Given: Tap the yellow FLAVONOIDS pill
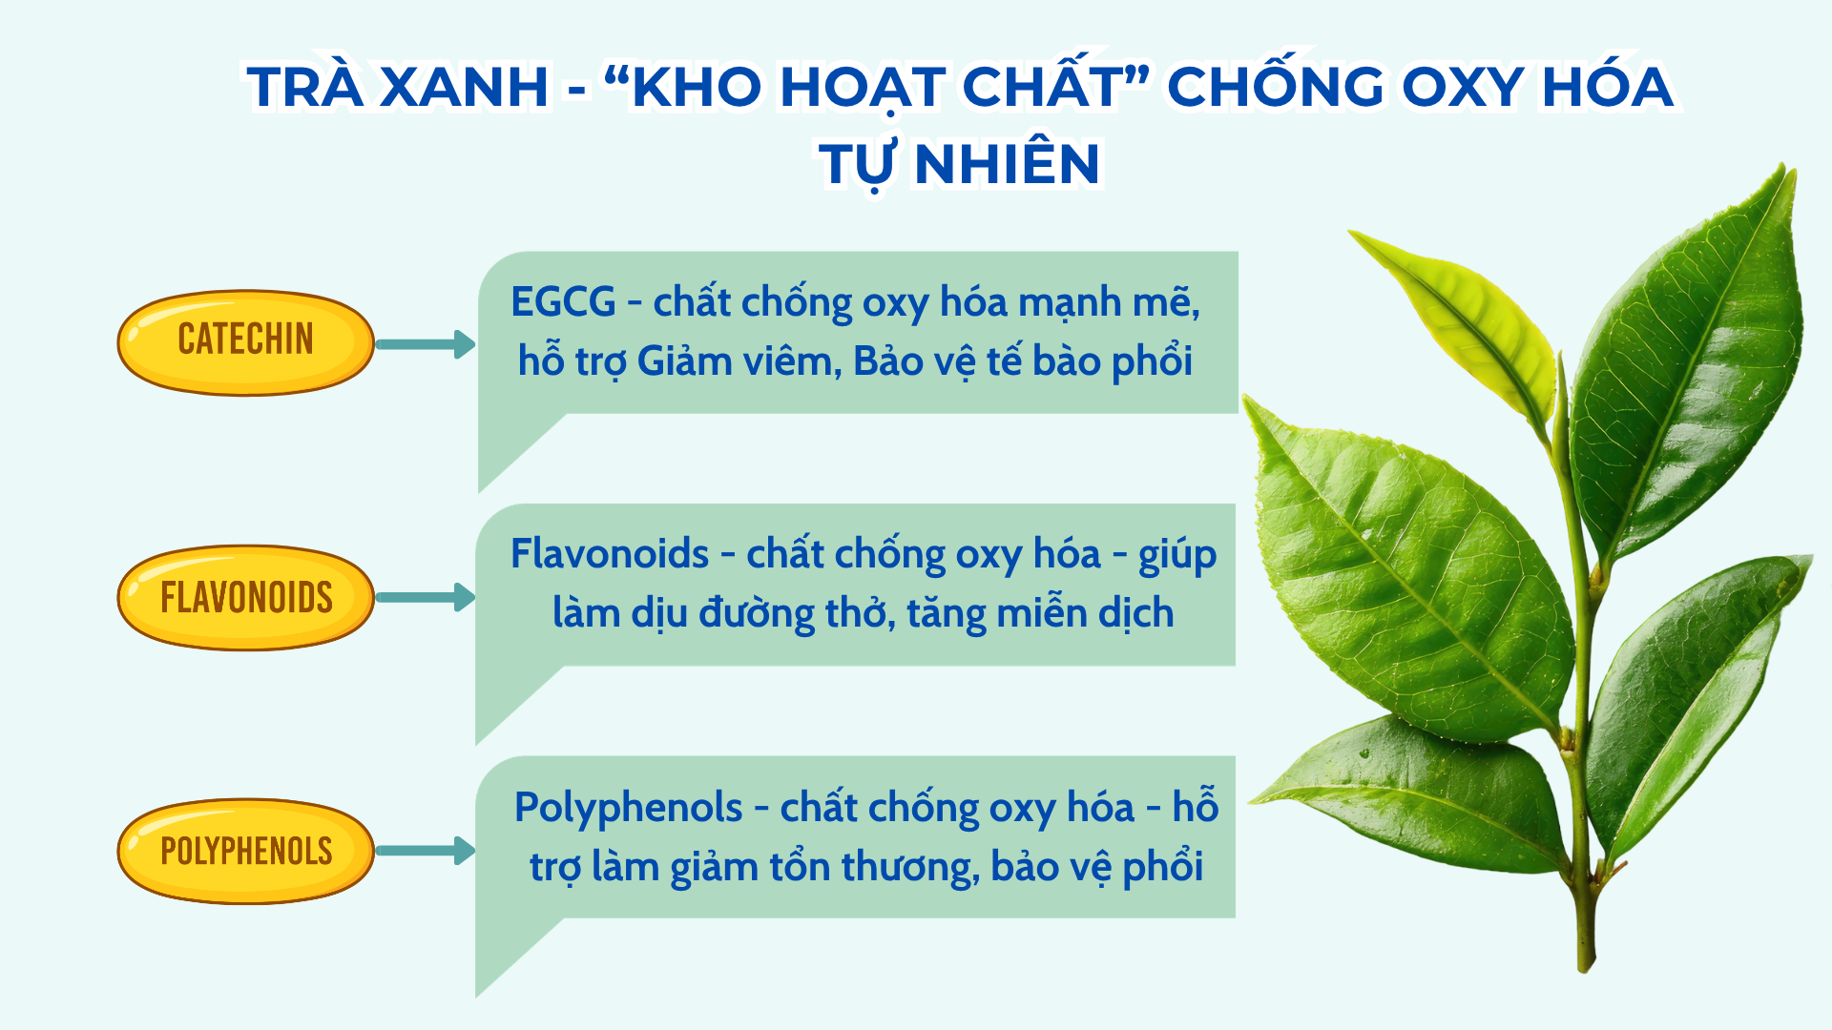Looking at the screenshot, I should click(x=245, y=598).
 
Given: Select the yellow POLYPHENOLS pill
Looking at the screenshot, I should click(x=245, y=851).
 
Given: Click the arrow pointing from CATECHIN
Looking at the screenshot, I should click(x=426, y=344).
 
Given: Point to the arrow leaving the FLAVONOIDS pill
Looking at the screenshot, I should click(x=426, y=598).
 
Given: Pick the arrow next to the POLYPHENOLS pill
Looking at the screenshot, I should click(x=426, y=851).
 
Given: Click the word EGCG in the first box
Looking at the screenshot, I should click(x=563, y=302).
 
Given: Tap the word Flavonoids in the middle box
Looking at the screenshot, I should click(x=610, y=554).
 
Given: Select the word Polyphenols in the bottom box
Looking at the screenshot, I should click(x=628, y=808).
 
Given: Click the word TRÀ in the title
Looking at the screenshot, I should click(x=305, y=87).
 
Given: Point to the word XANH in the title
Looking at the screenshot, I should click(x=465, y=87).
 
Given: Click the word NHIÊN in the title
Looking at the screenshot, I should click(x=1008, y=163).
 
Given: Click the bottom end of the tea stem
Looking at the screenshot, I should click(x=1585, y=963).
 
